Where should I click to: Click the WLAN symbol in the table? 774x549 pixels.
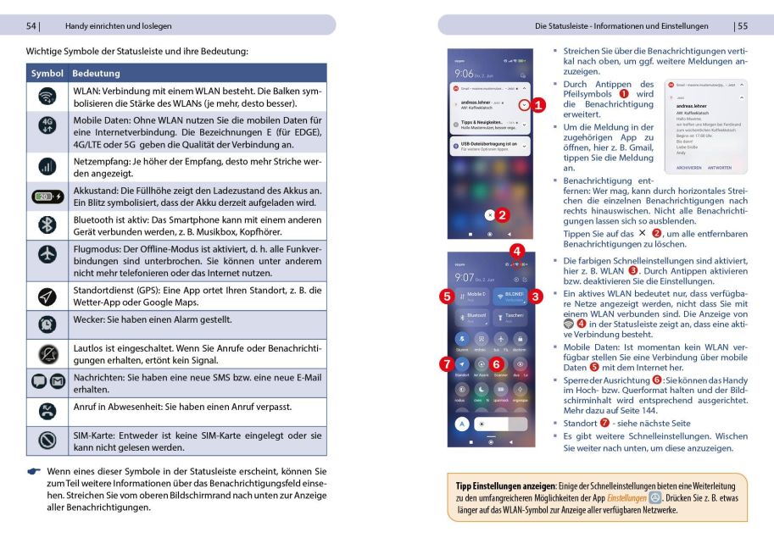point(47,97)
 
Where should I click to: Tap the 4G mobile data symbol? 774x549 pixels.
point(47,125)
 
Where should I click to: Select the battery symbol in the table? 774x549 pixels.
point(47,196)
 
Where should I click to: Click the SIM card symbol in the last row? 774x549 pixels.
point(47,441)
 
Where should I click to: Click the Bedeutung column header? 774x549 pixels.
point(96,74)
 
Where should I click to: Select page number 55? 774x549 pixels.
point(742,26)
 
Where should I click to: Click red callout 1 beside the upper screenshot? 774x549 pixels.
point(540,104)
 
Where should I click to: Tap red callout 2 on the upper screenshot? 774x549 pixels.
point(502,215)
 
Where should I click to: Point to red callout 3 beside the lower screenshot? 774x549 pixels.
point(536,297)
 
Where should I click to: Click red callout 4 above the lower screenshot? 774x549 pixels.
point(517,251)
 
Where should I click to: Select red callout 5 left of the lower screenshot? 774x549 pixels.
point(446,297)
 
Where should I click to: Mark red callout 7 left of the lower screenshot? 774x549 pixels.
point(446,363)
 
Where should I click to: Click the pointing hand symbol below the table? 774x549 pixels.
point(34,471)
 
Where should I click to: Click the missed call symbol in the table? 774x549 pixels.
point(47,411)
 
